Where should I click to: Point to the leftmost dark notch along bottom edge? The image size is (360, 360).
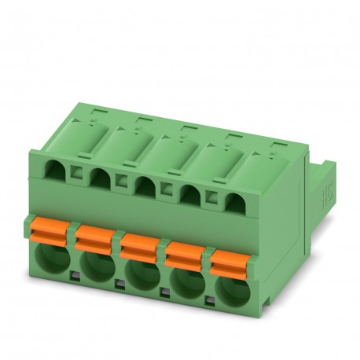[72, 275]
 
